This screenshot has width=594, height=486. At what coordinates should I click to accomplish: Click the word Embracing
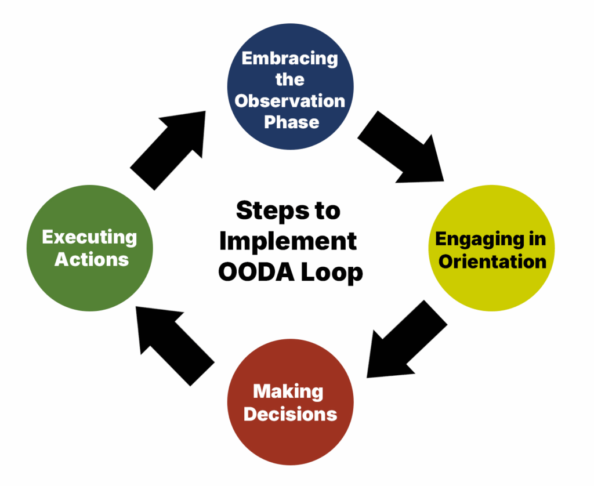click(290, 58)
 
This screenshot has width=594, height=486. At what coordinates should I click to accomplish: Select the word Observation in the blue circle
click(290, 100)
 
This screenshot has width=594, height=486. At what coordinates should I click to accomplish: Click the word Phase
click(291, 122)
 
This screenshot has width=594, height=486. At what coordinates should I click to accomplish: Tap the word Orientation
click(492, 262)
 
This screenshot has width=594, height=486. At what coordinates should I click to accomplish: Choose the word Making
click(288, 391)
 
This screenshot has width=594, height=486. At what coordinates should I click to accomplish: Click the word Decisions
click(290, 414)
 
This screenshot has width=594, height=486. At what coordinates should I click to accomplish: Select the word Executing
click(90, 237)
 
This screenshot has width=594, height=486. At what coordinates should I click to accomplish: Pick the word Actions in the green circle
click(91, 259)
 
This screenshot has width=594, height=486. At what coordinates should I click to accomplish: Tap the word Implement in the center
click(288, 241)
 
